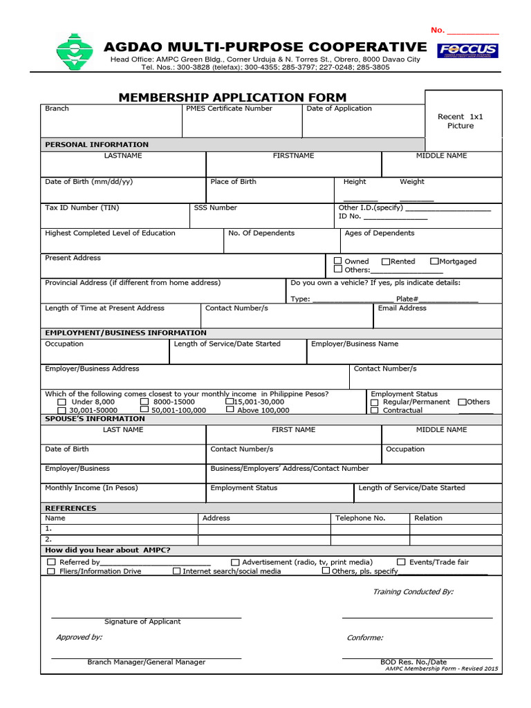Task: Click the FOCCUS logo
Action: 467,50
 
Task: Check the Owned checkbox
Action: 338,261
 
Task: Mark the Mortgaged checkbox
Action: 434,261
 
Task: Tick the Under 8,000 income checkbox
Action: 62,402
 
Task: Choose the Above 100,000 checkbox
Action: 230,410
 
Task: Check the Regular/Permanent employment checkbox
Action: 375,402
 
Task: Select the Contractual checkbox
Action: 375,410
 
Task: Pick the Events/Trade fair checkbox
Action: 401,562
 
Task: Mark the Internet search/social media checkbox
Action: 176,571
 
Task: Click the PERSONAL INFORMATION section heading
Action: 97,145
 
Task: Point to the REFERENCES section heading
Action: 71,508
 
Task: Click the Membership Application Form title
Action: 232,97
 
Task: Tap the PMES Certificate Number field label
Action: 229,109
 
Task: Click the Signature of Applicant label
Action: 142,622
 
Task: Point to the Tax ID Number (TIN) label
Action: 82,207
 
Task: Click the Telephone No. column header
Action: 360,518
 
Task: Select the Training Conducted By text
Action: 413,592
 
